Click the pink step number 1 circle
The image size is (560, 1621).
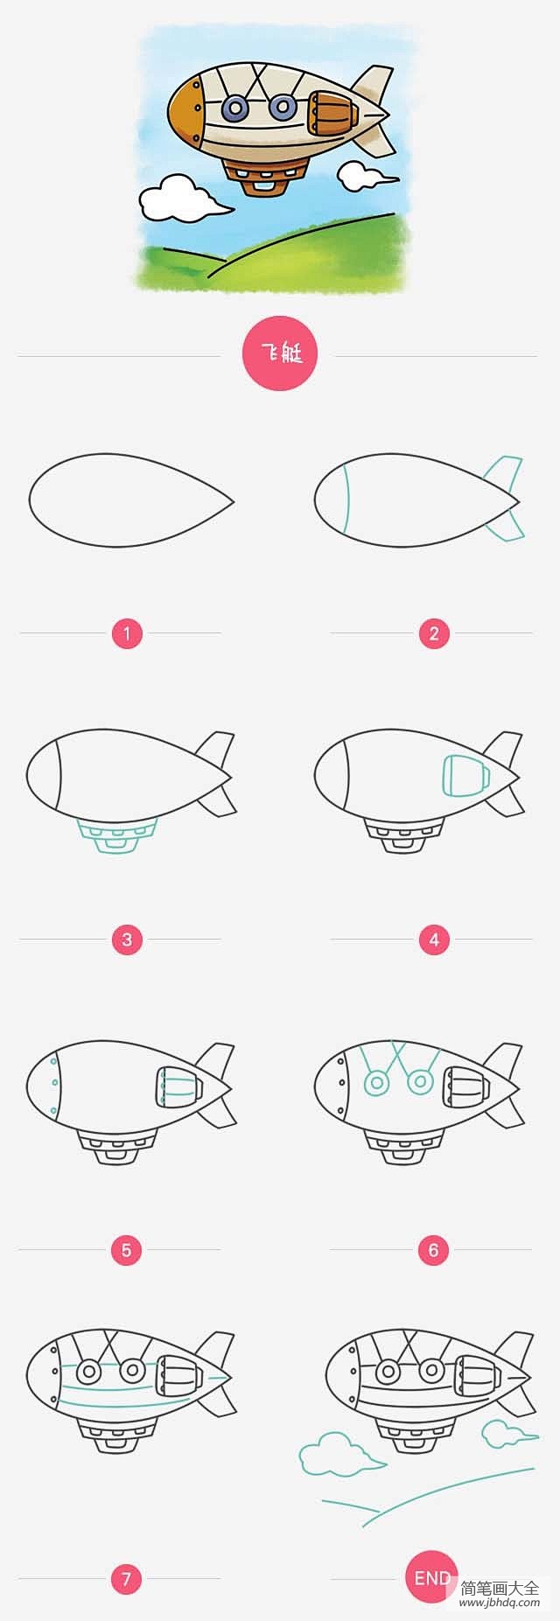pyautogui.click(x=127, y=632)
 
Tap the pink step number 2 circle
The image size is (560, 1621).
pyautogui.click(x=434, y=632)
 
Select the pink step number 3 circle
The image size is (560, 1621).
pyautogui.click(x=127, y=940)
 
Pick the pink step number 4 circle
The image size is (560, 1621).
pyautogui.click(x=434, y=940)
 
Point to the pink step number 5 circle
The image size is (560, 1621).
pyautogui.click(x=127, y=1250)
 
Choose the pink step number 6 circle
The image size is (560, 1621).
pyautogui.click(x=434, y=1250)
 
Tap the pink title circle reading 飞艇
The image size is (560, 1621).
pyautogui.click(x=279, y=355)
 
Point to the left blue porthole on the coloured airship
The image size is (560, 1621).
pyautogui.click(x=234, y=108)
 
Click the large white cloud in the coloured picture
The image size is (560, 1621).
pyautogui.click(x=181, y=199)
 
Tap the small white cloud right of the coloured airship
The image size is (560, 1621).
pyautogui.click(x=360, y=175)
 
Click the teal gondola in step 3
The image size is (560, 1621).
pyautogui.click(x=116, y=836)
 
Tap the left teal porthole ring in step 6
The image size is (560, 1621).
pyautogui.click(x=377, y=1083)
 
